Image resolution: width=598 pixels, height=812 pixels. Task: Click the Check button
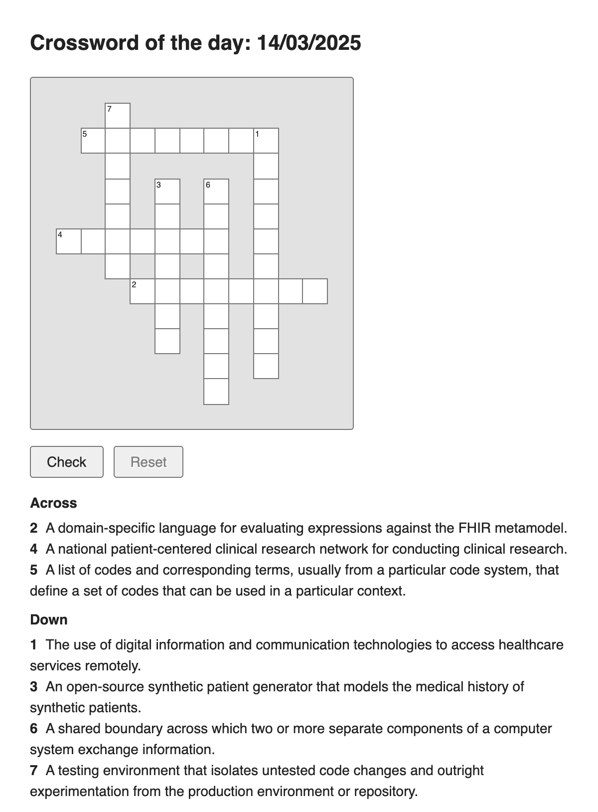coord(67,462)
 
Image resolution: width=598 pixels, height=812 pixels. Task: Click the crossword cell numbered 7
coord(118,116)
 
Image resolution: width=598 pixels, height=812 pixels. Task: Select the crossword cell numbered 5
coord(93,141)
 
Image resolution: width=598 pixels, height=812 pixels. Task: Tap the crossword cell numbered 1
coord(266,141)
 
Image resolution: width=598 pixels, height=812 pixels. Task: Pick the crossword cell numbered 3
coord(167,192)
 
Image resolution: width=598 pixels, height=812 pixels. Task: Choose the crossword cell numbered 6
coord(216,192)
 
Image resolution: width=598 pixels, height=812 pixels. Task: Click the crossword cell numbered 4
coord(69,241)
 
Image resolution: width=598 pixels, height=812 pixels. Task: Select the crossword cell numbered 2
coord(143,291)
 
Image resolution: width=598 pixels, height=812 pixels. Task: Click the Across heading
coord(53,503)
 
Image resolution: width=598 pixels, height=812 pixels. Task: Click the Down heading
coord(49,619)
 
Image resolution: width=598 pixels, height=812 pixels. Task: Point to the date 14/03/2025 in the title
coord(308,43)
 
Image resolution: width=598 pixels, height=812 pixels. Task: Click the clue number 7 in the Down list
coord(33,770)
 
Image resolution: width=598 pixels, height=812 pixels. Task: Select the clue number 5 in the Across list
coord(33,570)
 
